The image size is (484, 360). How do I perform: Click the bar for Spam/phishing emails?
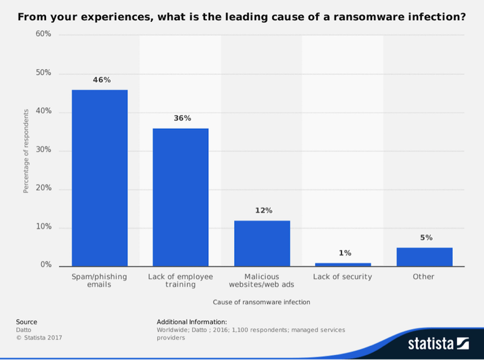pos(100,178)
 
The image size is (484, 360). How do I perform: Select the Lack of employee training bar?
pos(180,197)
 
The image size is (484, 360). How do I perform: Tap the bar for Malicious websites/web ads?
pos(262,243)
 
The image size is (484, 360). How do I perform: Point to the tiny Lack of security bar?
pos(343,264)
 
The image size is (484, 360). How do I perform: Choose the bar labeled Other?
pos(424,257)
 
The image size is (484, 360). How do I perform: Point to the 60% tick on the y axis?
pos(43,34)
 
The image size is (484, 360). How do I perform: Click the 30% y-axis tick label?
pos(43,150)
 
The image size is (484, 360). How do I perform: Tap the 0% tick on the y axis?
pos(45,266)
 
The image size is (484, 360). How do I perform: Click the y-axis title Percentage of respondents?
pos(26,151)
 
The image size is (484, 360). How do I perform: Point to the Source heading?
pos(27,322)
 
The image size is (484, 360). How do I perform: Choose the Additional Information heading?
pos(191,322)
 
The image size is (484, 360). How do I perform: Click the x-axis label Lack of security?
pos(342,277)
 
